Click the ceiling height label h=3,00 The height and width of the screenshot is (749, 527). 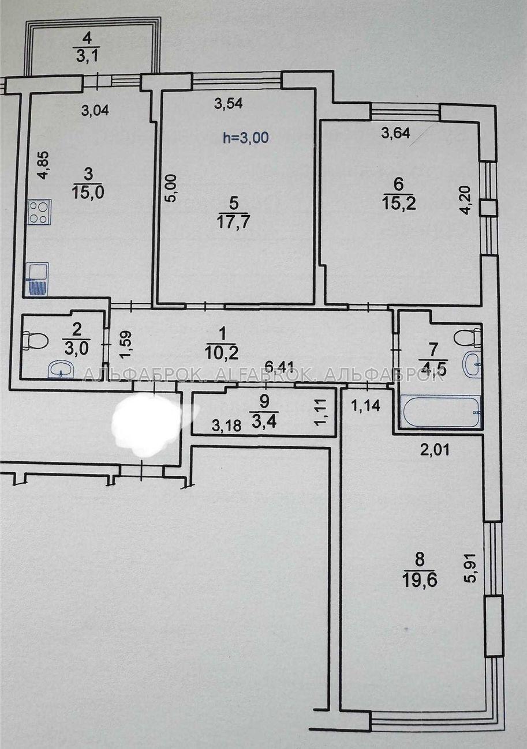(246, 137)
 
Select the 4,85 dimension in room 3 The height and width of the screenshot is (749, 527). (44, 165)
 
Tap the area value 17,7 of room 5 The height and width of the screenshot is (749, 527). (233, 223)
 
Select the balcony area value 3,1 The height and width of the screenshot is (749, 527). (87, 56)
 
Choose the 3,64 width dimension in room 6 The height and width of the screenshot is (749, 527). (396, 134)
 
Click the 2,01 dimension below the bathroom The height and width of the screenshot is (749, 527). (435, 450)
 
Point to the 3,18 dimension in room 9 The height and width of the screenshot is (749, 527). (227, 426)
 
